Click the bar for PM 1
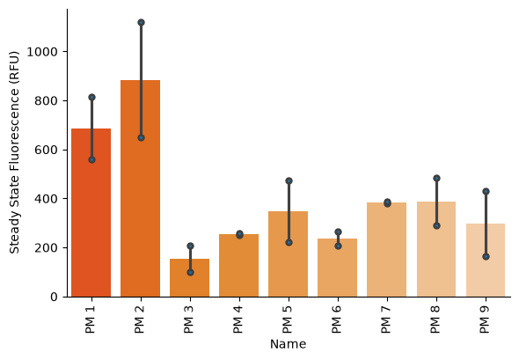tap(91, 213)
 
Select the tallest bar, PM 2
tap(141, 188)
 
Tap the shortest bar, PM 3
tap(190, 278)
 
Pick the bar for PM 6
tap(337, 268)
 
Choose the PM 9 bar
tap(486, 261)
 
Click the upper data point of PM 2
tap(141, 23)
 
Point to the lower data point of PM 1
tap(92, 160)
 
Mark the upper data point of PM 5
tap(289, 180)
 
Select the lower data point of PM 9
tap(486, 257)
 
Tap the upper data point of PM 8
tap(436, 178)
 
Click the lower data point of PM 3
tap(190, 273)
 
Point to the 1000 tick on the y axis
tap(65, 52)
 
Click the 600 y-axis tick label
tap(46, 150)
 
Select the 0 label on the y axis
tap(55, 298)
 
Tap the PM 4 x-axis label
tap(238, 320)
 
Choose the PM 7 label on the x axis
tap(386, 320)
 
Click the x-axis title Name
tap(288, 344)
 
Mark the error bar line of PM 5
tap(289, 211)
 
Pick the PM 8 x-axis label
tap(435, 320)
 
